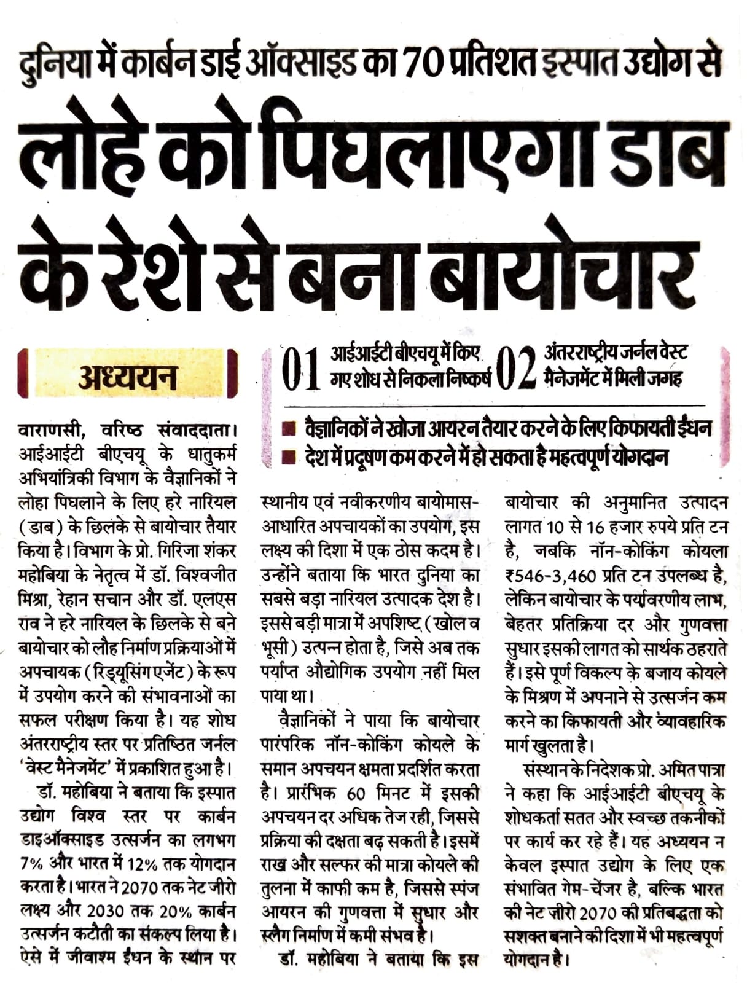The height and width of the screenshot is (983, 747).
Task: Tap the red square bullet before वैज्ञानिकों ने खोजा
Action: [x=288, y=428]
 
